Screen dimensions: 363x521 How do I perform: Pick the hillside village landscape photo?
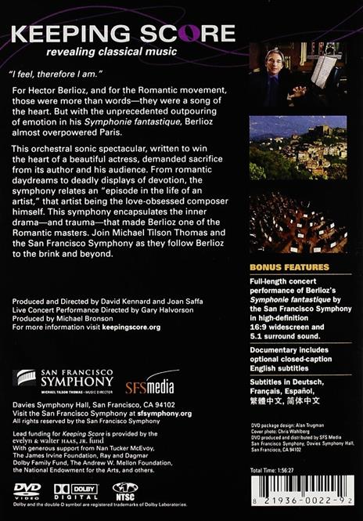click(298, 148)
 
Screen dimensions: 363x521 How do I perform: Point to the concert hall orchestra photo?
click(298, 223)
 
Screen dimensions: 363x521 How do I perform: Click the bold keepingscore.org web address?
click(129, 327)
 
